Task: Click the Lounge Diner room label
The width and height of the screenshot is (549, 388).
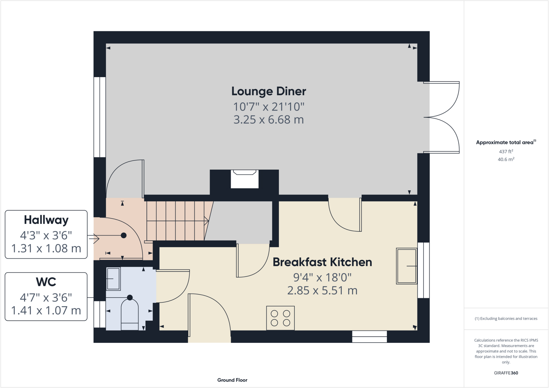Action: [x=269, y=91]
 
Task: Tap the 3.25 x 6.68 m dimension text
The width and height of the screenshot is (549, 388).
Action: [x=269, y=120]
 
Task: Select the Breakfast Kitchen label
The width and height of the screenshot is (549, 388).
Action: [x=322, y=262]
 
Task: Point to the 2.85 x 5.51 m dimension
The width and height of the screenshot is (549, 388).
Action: [x=322, y=291]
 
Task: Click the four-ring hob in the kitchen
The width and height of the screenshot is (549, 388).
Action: [x=280, y=318]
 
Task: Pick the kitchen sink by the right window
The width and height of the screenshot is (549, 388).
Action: [x=406, y=266]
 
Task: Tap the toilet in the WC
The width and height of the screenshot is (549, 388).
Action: [x=130, y=315]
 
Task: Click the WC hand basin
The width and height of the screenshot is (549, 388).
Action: [x=113, y=279]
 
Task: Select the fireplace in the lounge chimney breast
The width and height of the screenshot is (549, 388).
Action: [x=245, y=179]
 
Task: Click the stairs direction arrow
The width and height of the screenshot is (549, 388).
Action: [x=206, y=221]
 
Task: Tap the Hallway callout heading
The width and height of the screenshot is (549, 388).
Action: [x=46, y=220]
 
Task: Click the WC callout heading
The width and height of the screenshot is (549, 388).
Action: [x=46, y=282]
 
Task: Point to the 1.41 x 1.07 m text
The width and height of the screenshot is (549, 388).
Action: [x=46, y=311]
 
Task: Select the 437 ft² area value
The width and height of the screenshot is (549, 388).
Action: [x=506, y=152]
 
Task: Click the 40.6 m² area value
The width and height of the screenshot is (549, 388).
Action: [x=506, y=159]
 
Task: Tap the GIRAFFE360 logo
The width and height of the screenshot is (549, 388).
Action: [x=506, y=373]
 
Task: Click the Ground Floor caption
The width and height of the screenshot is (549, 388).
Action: [x=232, y=380]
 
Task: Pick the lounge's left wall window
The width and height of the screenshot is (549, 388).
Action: [x=99, y=117]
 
